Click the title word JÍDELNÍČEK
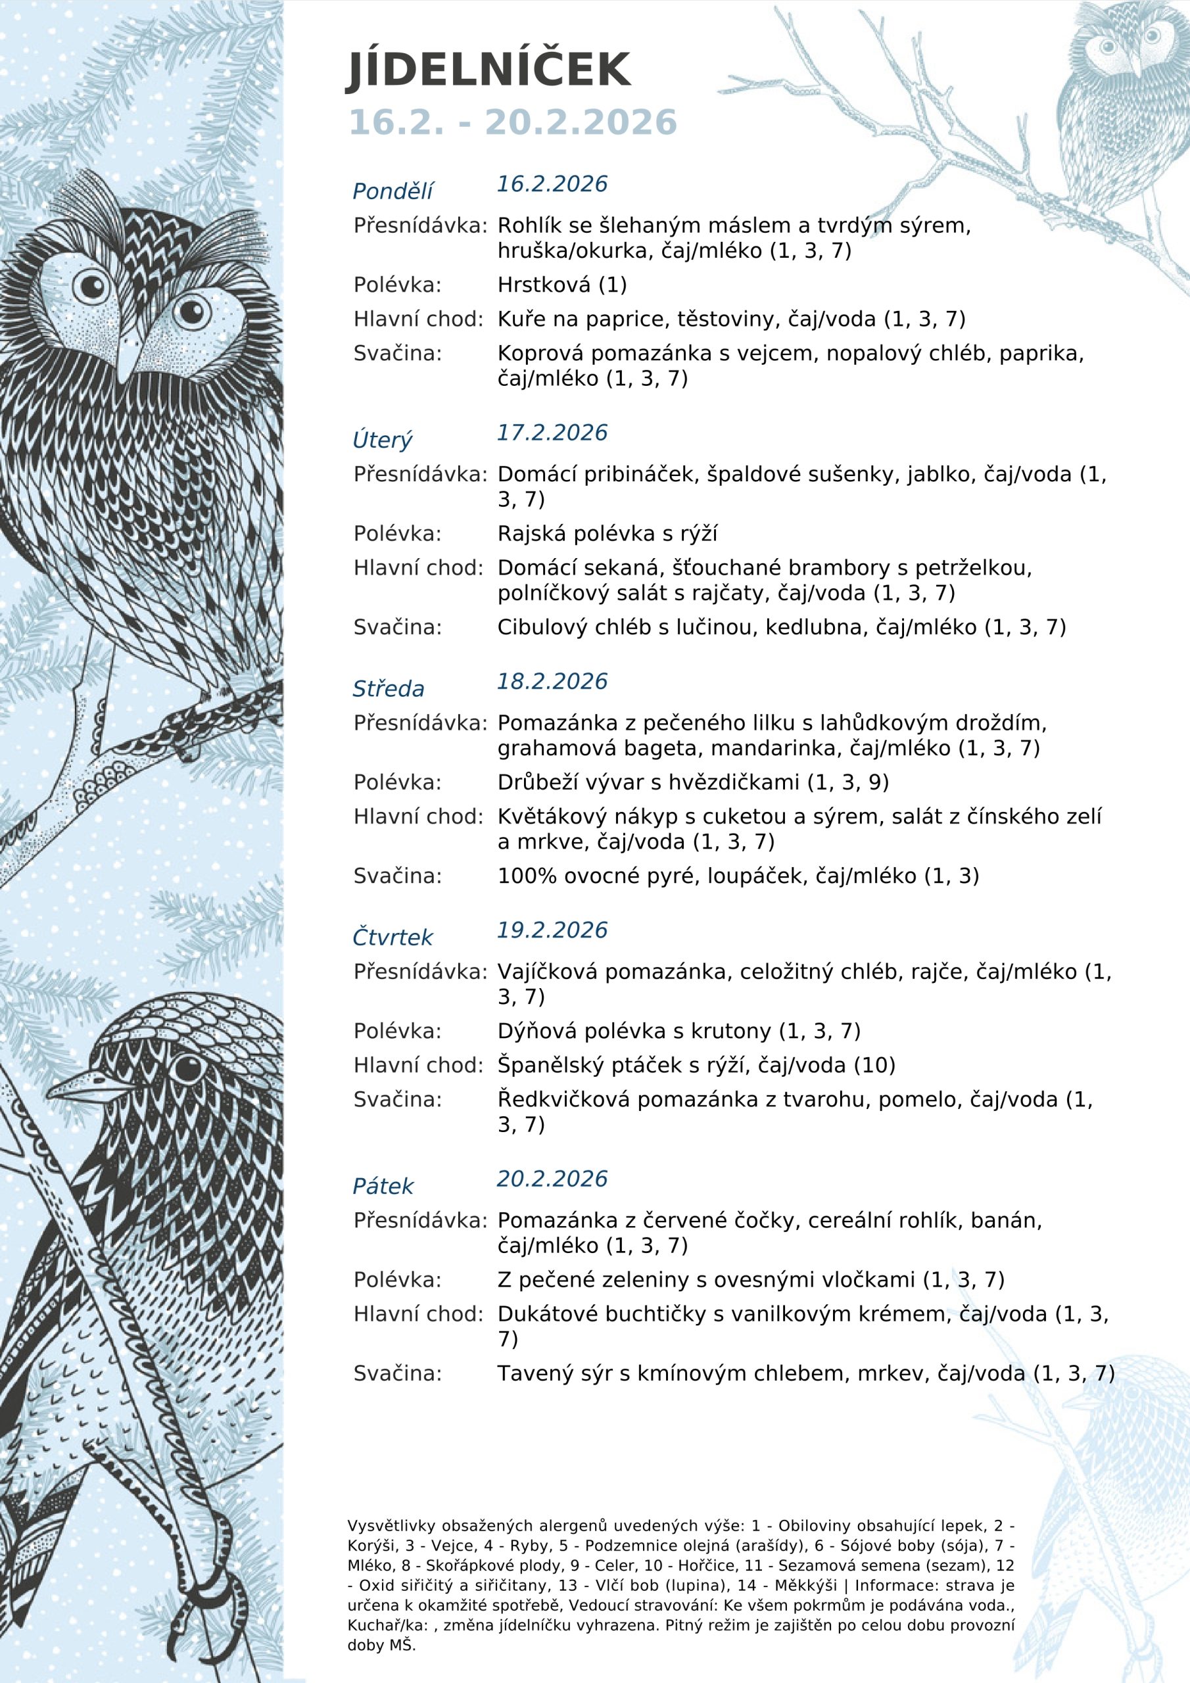click(x=488, y=71)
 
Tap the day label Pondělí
click(x=393, y=191)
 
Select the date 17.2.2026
click(x=552, y=433)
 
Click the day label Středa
click(x=389, y=689)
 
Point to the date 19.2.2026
click(x=552, y=930)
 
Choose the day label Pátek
click(x=383, y=1187)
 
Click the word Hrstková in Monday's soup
click(x=543, y=285)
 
